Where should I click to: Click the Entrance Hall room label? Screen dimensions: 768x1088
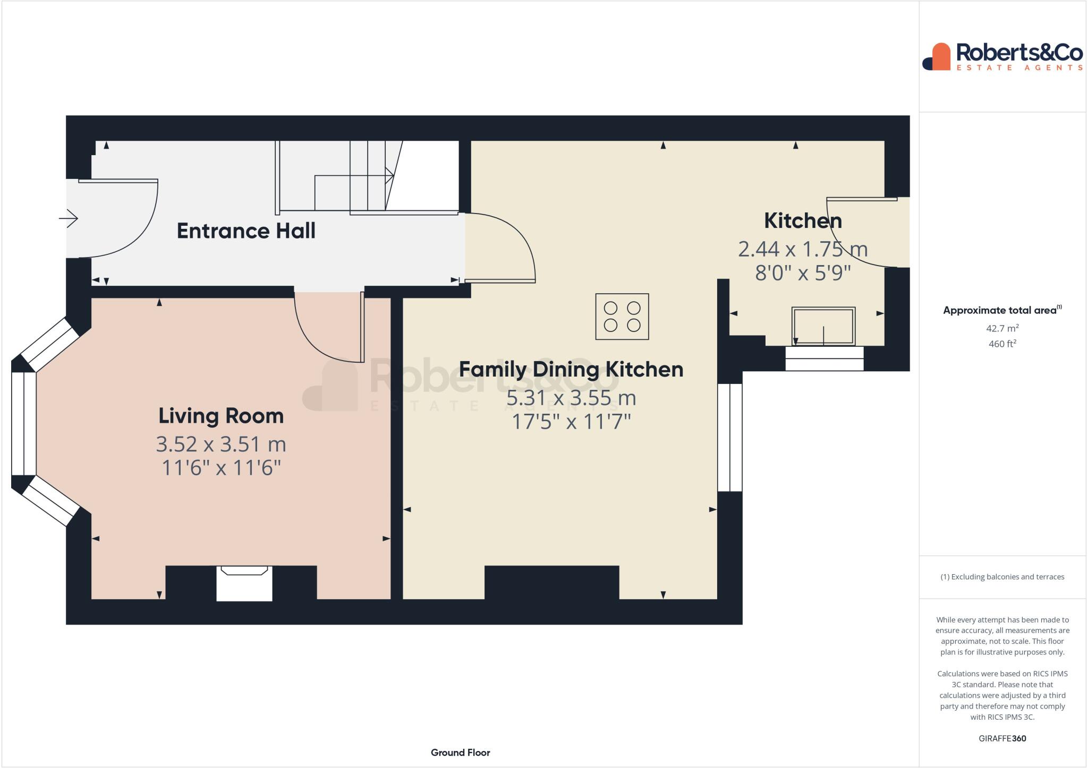click(x=246, y=231)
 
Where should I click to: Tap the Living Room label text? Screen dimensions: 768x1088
click(x=221, y=416)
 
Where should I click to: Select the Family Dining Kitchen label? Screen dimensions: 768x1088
click(x=571, y=369)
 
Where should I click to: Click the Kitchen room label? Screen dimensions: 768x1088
click(x=803, y=221)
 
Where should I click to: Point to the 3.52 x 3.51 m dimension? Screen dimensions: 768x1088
click(x=221, y=444)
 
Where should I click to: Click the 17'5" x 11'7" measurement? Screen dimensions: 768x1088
click(x=571, y=422)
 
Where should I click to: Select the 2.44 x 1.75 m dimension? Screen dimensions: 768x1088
click(x=803, y=249)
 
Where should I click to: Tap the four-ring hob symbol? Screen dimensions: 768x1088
click(x=622, y=317)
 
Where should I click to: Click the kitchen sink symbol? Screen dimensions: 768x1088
click(x=823, y=326)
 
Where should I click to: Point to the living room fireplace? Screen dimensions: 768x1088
click(x=244, y=583)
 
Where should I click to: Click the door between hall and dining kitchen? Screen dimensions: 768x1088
click(x=505, y=247)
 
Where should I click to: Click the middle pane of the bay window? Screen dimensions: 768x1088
click(x=24, y=423)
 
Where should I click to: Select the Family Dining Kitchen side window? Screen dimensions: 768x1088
click(x=729, y=437)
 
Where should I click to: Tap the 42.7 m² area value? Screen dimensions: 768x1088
click(x=1002, y=328)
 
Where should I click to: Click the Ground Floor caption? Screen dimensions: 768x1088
click(x=460, y=753)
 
